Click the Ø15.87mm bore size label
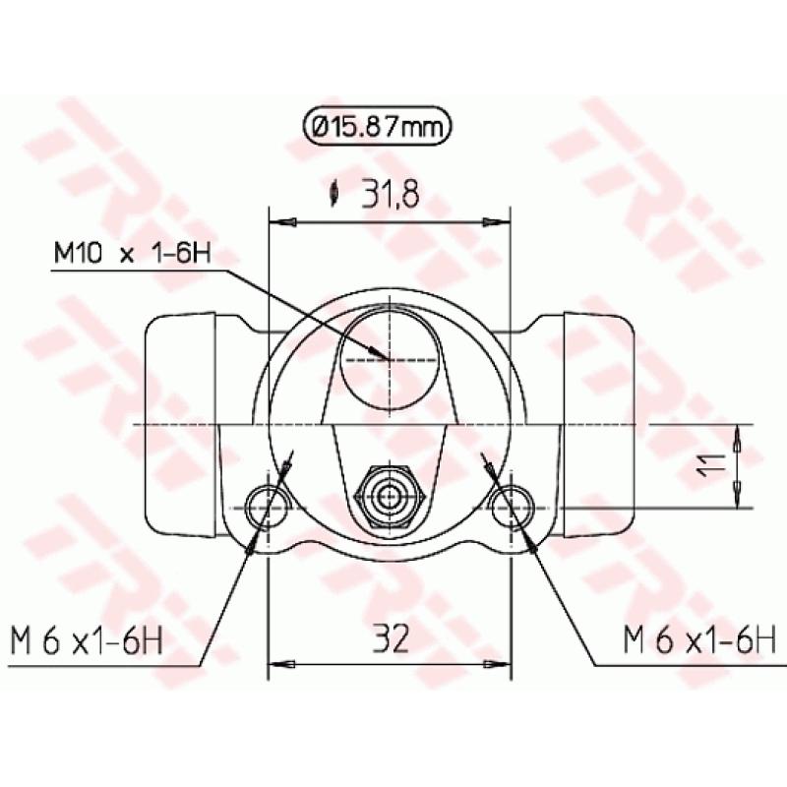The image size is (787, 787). tap(378, 127)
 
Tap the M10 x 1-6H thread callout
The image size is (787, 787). tap(131, 254)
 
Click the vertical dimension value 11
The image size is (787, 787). tap(716, 465)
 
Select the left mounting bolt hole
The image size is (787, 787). tap(268, 508)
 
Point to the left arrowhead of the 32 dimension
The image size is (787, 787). tap(276, 665)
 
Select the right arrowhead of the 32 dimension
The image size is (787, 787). tap(503, 665)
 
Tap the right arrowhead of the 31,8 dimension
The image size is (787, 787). tap(503, 222)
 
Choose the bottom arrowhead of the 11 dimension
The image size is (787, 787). tap(737, 501)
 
